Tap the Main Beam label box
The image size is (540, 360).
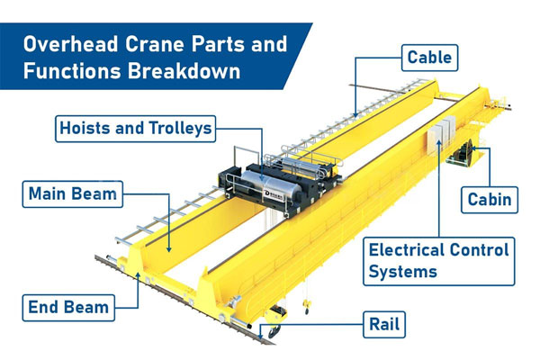tap(72, 193)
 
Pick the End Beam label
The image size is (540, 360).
tap(67, 307)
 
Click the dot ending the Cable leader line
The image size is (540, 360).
tap(356, 116)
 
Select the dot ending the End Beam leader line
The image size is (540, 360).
tap(138, 280)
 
